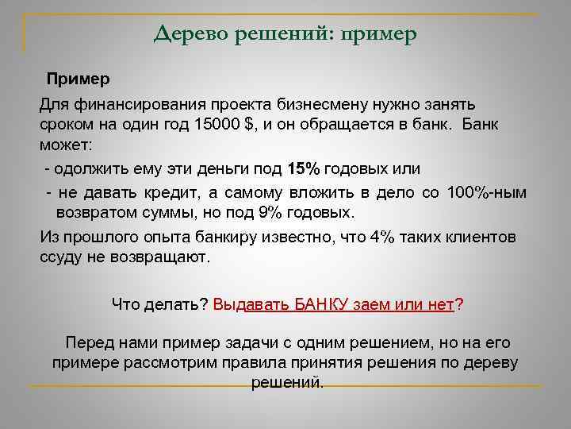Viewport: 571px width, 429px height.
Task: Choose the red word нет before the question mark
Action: pyautogui.click(x=440, y=303)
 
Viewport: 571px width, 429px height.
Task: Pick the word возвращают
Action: pyautogui.click(x=167, y=257)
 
